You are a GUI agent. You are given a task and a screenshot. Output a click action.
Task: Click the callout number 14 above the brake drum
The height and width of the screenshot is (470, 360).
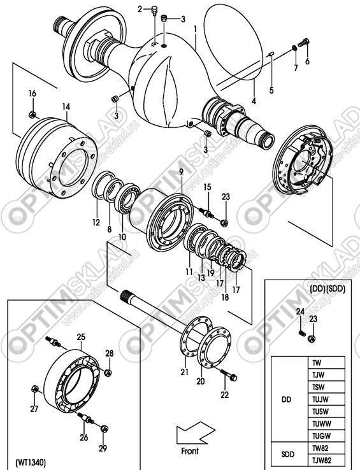tap(66, 106)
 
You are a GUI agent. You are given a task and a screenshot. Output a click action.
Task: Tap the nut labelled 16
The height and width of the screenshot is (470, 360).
tap(32, 115)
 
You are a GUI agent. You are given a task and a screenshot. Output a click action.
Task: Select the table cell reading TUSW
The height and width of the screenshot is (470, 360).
tap(320, 411)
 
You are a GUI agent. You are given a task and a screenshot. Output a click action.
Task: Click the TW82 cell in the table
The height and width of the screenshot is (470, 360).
tap(320, 448)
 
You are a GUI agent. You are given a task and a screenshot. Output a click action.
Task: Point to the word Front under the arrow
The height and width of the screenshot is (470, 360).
tap(190, 451)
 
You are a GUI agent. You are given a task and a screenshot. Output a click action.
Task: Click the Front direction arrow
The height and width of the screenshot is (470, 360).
tap(195, 432)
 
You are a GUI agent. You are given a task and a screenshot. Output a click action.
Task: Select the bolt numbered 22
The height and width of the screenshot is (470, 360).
tap(229, 374)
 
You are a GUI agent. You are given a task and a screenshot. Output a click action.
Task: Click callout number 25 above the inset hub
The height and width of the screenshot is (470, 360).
tap(81, 337)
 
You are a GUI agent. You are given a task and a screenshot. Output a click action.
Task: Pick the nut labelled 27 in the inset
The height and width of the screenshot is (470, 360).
tap(34, 389)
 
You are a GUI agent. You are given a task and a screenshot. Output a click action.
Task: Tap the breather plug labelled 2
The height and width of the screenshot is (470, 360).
tap(155, 10)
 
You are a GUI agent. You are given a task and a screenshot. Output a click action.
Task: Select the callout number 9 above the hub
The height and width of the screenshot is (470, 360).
tap(181, 172)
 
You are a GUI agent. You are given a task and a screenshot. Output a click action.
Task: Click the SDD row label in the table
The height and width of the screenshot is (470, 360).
tap(288, 454)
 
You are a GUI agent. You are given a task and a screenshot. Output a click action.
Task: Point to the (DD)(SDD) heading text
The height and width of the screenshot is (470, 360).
tap(327, 290)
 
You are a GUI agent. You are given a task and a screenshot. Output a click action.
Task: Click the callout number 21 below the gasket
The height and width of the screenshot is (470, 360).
tap(184, 372)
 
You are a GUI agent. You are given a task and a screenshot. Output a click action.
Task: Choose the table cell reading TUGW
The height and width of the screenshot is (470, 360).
tap(320, 436)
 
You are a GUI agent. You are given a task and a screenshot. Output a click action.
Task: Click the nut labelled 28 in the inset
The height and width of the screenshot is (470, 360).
tap(108, 373)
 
